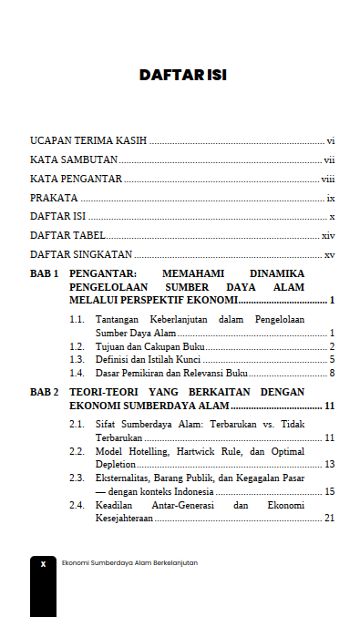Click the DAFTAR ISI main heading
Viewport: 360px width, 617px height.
[x=182, y=75]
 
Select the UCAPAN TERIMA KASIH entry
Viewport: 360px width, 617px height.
[x=89, y=141]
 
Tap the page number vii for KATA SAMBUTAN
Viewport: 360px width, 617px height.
[x=330, y=160]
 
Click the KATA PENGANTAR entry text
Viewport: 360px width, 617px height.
[x=76, y=179]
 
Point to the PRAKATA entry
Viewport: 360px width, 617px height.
[x=54, y=198]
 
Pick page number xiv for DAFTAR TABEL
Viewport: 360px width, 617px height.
[x=329, y=235]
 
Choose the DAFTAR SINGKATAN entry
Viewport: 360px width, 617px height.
[x=81, y=254]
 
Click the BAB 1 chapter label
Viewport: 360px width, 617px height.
[x=45, y=273]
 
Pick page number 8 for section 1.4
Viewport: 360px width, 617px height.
[x=333, y=372]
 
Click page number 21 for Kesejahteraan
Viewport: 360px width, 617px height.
[x=330, y=518]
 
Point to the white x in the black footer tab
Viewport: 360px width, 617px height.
[x=43, y=564]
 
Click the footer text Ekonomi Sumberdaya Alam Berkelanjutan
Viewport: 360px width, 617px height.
[x=129, y=563]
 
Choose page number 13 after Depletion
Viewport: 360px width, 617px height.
[x=330, y=465]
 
